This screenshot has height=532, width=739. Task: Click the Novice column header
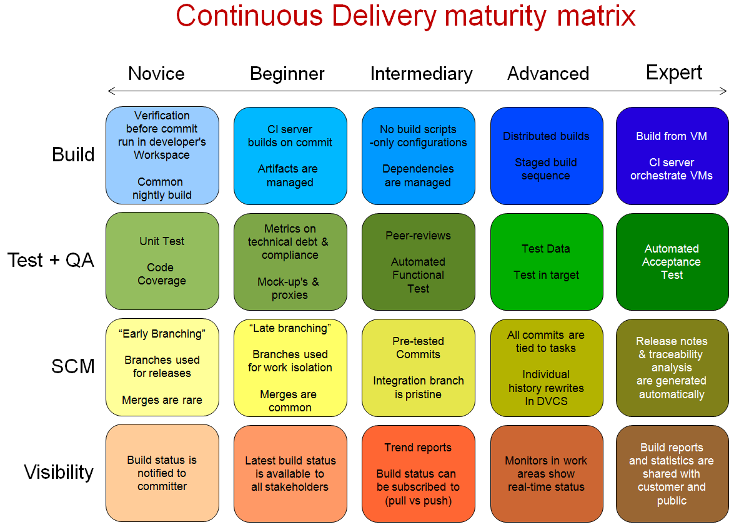pyautogui.click(x=156, y=74)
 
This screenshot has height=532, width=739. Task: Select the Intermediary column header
pyautogui.click(x=421, y=74)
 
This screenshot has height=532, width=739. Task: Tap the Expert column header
pyautogui.click(x=673, y=73)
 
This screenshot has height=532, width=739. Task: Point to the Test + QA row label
pyautogui.click(x=51, y=260)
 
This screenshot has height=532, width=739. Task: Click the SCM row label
pyautogui.click(x=72, y=366)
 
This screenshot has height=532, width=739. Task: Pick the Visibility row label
pyautogui.click(x=59, y=472)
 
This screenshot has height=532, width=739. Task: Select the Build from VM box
pyautogui.click(x=672, y=156)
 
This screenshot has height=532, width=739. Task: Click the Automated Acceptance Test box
pyautogui.click(x=672, y=262)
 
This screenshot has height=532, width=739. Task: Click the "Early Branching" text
pyautogui.click(x=162, y=334)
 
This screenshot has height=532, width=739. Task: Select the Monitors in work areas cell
pyautogui.click(x=546, y=474)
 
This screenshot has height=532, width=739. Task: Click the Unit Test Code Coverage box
pyautogui.click(x=162, y=261)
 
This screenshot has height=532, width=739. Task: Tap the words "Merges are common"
pyautogui.click(x=289, y=401)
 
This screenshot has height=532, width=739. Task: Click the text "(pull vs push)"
pyautogui.click(x=418, y=501)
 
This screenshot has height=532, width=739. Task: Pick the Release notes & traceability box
pyautogui.click(x=672, y=368)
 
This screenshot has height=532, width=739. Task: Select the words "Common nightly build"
pyautogui.click(x=161, y=188)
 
